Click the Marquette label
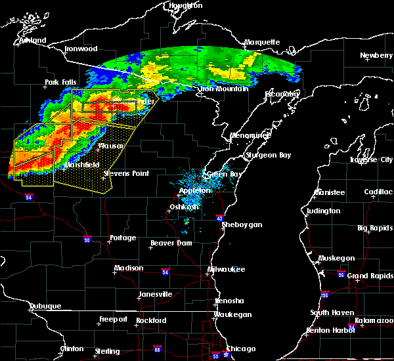point(262,43)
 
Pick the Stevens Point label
point(126,174)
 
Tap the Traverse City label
point(372,159)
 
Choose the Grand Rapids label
point(370,276)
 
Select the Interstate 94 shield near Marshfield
point(28,196)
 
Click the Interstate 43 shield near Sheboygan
point(220,217)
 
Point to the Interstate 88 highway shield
point(157,349)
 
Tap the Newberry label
point(376,56)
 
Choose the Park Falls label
point(60,83)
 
